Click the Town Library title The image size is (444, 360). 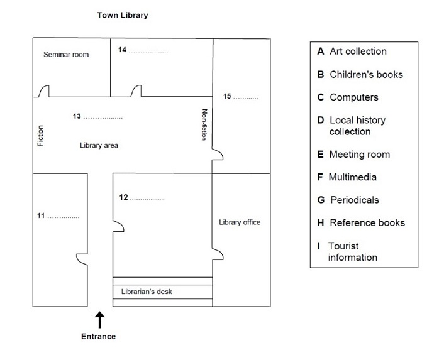[x=122, y=14]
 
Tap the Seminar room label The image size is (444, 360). [x=66, y=55]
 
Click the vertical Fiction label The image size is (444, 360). [x=41, y=136]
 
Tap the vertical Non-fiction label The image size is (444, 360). [x=204, y=124]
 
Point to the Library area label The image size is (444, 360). [x=99, y=145]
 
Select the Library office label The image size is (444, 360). [x=240, y=222]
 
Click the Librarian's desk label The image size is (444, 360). [x=147, y=292]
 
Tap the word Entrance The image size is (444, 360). [x=99, y=336]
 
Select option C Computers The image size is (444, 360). [x=348, y=97]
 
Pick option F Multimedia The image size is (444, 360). [x=347, y=177]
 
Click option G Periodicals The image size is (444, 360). [x=348, y=200]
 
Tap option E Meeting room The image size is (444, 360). [x=353, y=155]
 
